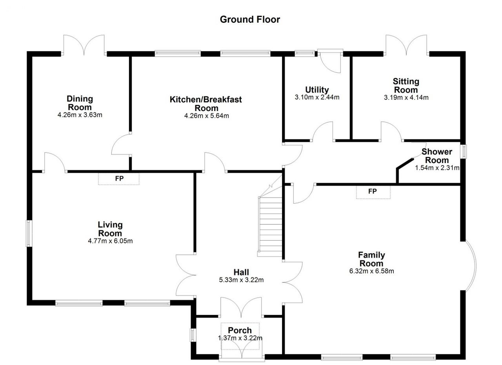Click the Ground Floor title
point(250,19)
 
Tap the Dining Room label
point(80,103)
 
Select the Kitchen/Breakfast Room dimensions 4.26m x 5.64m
point(206,116)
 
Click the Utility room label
point(317,90)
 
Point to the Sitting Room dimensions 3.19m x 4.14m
point(406,98)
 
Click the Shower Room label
point(437,156)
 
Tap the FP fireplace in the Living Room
point(119,179)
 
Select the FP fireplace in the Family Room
point(373,192)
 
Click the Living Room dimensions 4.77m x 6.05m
point(110,241)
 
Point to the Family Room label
point(371,259)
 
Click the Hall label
point(241,272)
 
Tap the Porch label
point(240,330)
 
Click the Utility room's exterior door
point(331,62)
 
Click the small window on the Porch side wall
point(193,335)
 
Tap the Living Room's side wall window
point(29,233)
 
